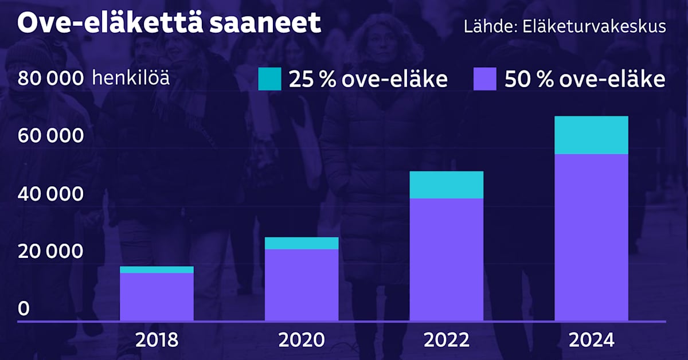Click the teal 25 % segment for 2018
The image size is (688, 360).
click(x=157, y=269)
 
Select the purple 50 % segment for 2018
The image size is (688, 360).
click(x=157, y=296)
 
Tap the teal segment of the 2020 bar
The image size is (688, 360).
click(x=302, y=243)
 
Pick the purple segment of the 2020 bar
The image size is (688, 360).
click(x=302, y=284)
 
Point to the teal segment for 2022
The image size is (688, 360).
click(x=446, y=185)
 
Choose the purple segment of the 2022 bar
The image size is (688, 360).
click(x=446, y=259)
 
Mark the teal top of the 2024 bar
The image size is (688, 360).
click(x=591, y=135)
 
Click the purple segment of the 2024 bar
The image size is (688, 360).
click(x=591, y=237)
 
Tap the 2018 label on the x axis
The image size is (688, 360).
click(x=157, y=341)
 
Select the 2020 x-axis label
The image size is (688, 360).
click(x=302, y=341)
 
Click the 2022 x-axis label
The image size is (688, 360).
click(x=446, y=341)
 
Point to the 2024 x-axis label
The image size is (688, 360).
click(x=591, y=341)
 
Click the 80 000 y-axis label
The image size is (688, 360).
click(x=52, y=79)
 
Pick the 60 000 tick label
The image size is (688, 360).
click(x=52, y=137)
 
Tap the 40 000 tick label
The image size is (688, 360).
click(x=52, y=195)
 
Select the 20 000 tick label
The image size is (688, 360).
click(x=52, y=252)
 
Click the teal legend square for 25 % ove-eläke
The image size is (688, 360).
click(x=269, y=79)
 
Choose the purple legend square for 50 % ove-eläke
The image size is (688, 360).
click(x=485, y=79)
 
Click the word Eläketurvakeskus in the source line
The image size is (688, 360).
click(x=595, y=27)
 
